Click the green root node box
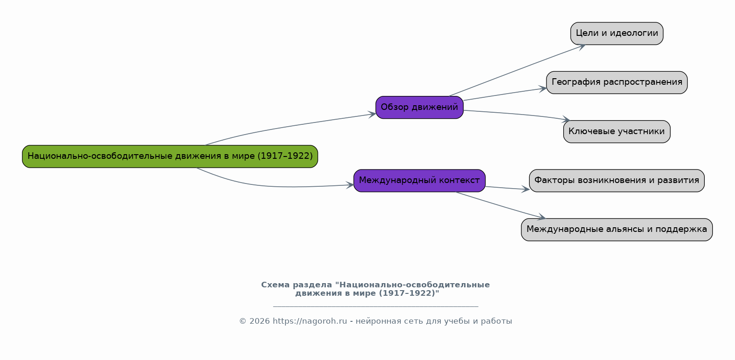tap(170, 156)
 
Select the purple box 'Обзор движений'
tap(419, 107)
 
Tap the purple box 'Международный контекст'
tap(419, 181)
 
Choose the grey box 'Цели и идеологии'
tap(617, 34)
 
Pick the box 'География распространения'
tap(617, 82)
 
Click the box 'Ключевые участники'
tap(617, 132)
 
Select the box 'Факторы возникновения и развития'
tap(617, 181)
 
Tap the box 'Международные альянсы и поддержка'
tap(617, 230)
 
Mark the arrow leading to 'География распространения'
tap(505, 94)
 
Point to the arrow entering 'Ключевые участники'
tap(517, 114)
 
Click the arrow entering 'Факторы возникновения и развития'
tap(507, 188)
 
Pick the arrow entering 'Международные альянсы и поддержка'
tap(501, 205)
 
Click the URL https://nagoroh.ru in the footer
tap(310, 321)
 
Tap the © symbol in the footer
tap(243, 321)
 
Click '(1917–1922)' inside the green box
tap(285, 156)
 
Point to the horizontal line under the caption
tap(376, 306)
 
